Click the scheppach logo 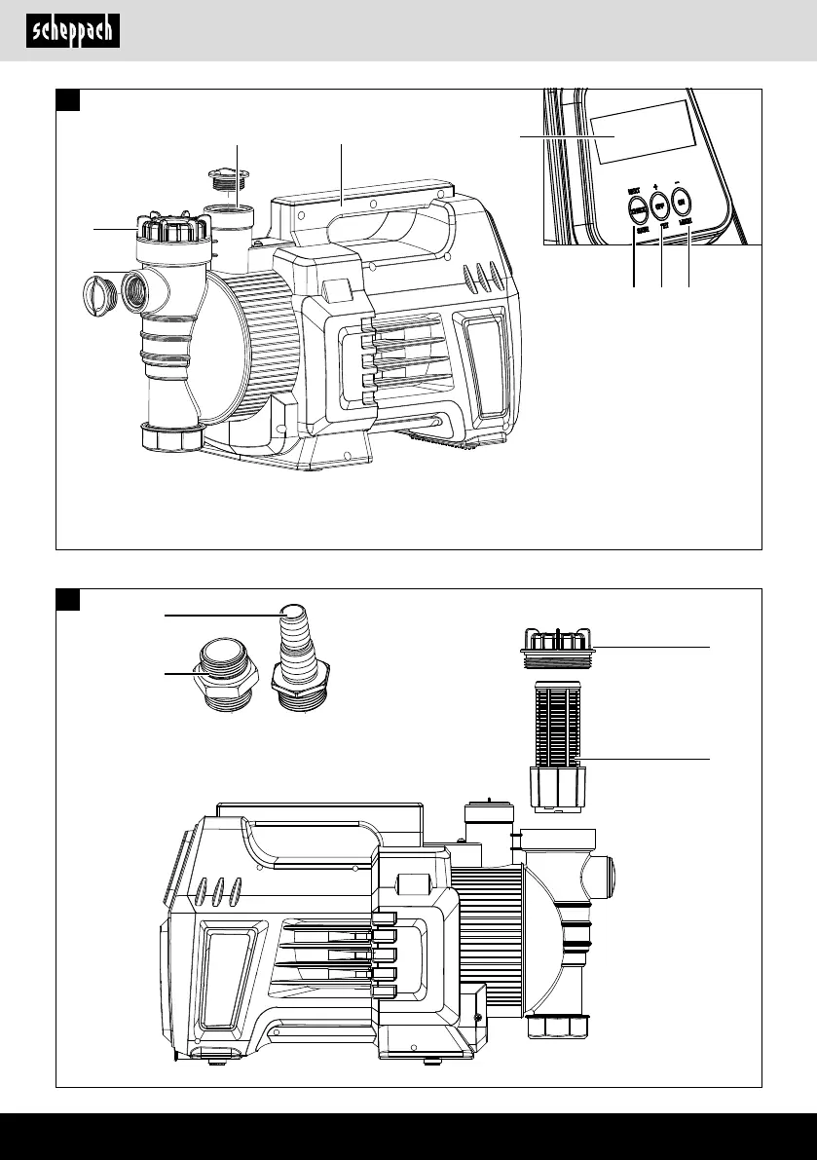coord(73,31)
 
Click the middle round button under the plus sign coord(659,206)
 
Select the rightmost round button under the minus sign coord(683,201)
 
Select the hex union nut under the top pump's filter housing coord(172,435)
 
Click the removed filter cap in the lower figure coord(555,643)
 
